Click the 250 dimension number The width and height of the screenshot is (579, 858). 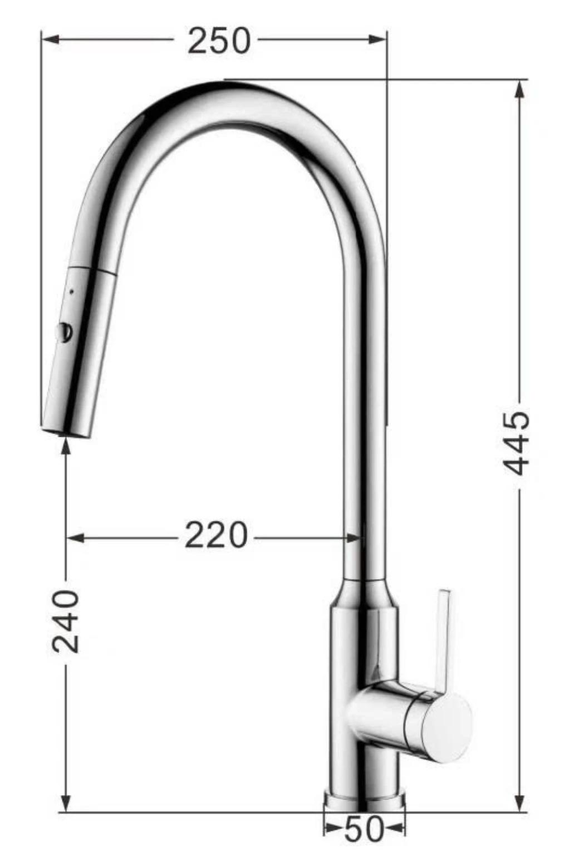click(219, 41)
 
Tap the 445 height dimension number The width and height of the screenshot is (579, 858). click(517, 444)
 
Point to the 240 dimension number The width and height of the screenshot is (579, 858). click(66, 622)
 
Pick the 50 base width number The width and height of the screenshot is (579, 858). click(364, 829)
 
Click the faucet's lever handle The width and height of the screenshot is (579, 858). click(444, 639)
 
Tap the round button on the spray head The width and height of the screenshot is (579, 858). click(64, 332)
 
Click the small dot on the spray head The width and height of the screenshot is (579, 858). click(72, 290)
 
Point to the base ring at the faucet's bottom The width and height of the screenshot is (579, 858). click(364, 801)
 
